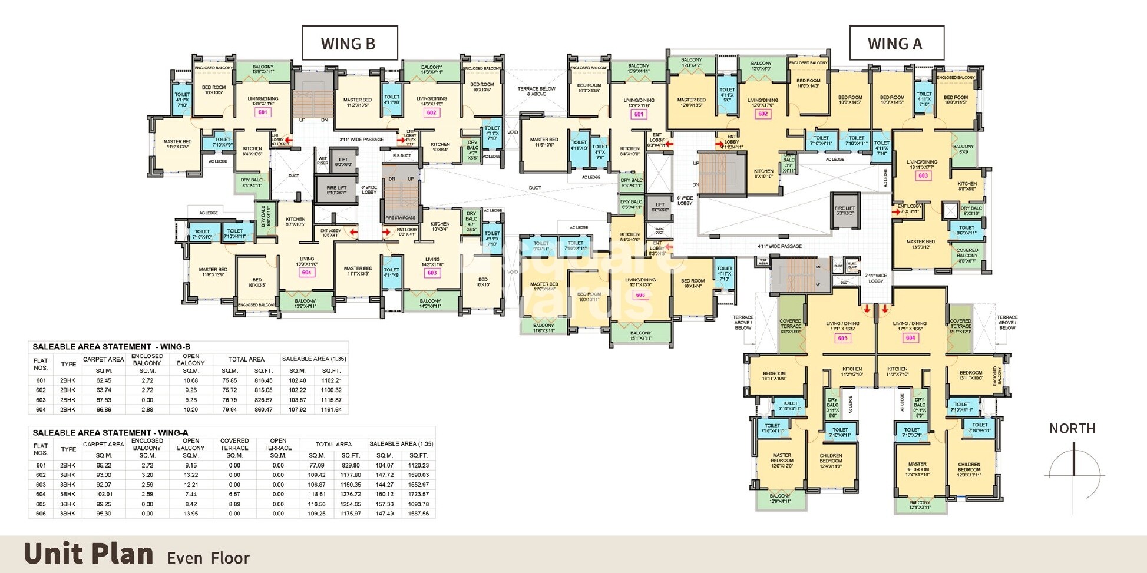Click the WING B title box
click(349, 43)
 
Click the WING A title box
click(896, 43)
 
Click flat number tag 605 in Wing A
click(843, 338)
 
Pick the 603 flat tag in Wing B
click(432, 273)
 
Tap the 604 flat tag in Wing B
click(306, 273)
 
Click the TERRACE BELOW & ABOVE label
click(536, 91)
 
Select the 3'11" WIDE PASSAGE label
click(361, 140)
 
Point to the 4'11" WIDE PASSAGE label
click(779, 246)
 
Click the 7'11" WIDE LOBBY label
click(876, 278)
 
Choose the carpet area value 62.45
click(103, 380)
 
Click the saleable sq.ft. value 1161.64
click(332, 409)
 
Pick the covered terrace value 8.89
click(234, 504)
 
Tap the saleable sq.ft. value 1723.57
click(418, 494)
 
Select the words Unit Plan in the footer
click(88, 554)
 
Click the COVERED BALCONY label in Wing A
click(967, 256)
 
